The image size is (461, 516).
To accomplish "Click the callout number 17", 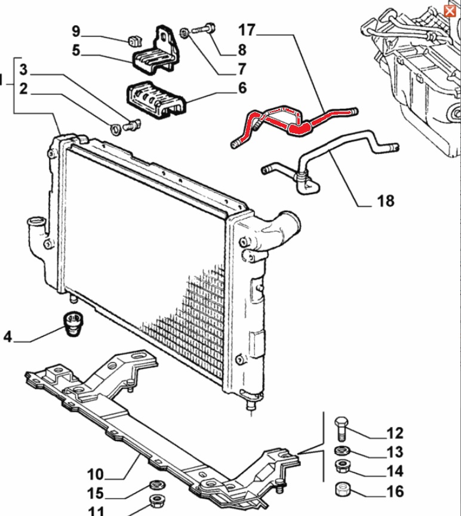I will (x=247, y=29).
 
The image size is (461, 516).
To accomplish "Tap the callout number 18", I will (x=386, y=201).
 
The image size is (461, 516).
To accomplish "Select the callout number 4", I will (x=8, y=337).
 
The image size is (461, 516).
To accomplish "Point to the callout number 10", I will (x=95, y=475).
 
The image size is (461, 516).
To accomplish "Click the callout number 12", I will (x=395, y=433).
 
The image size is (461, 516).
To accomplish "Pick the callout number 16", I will (x=395, y=492).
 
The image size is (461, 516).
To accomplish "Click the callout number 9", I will (x=76, y=30).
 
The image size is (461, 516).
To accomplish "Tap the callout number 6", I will (x=242, y=88).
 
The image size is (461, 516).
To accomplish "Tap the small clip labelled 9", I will (x=133, y=41).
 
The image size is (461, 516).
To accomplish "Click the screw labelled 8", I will (x=204, y=28).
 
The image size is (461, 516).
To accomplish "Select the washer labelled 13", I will (x=342, y=451).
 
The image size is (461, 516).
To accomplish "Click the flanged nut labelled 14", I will (x=343, y=466).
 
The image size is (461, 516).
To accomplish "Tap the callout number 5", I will (x=76, y=50).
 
